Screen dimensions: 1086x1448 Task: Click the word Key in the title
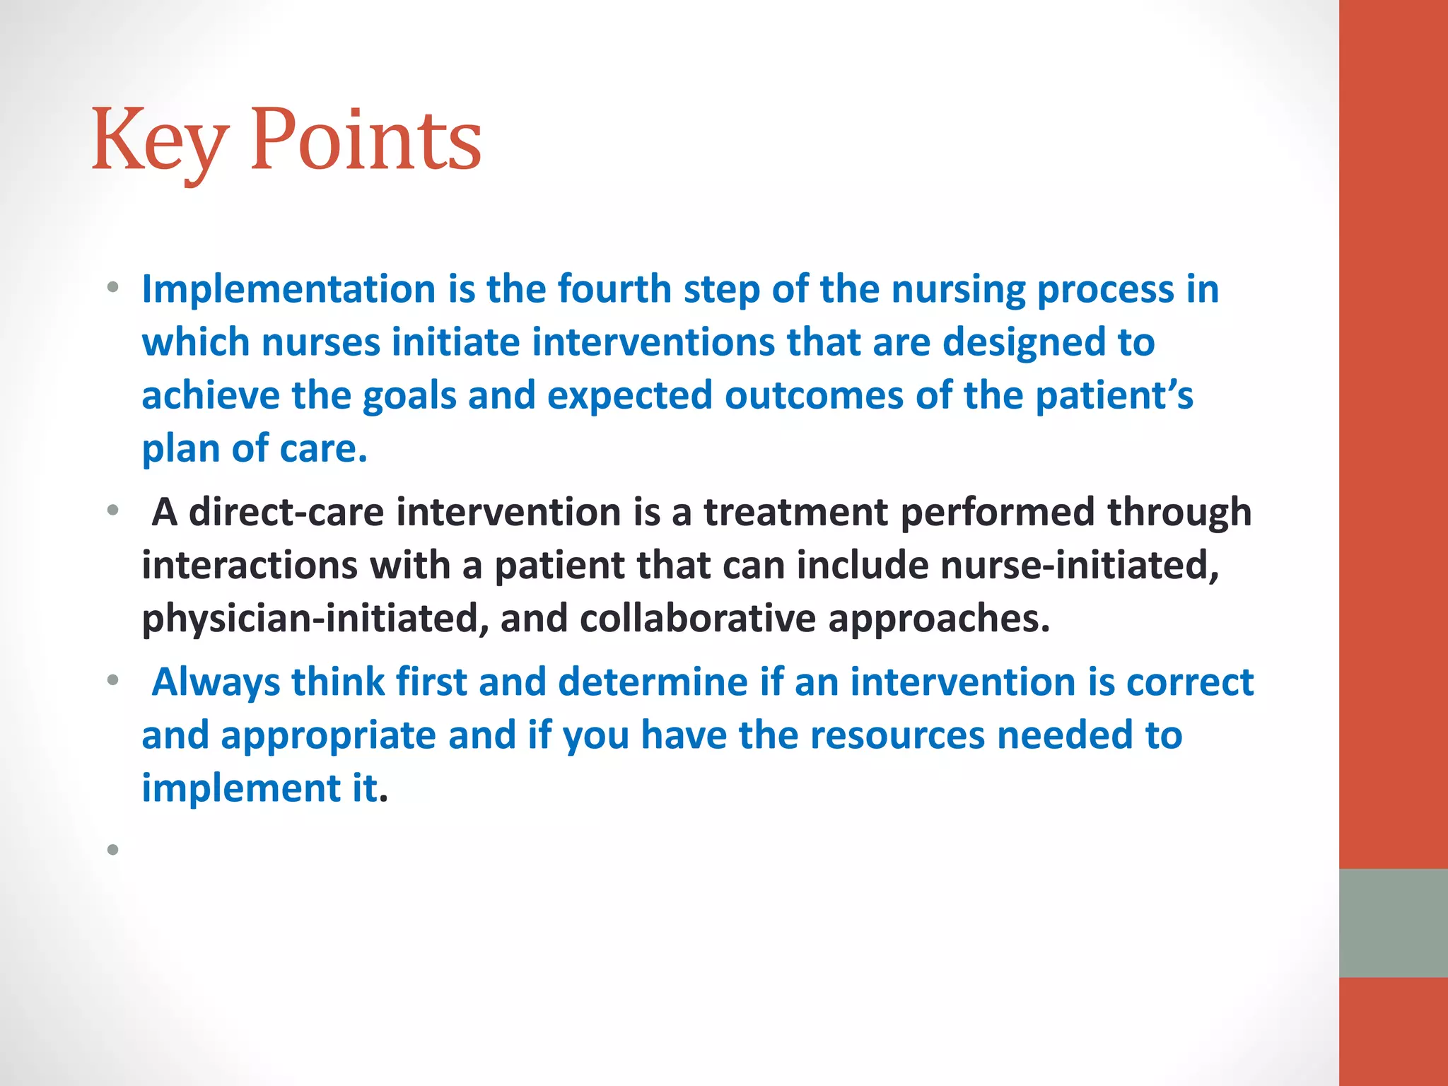click(x=160, y=141)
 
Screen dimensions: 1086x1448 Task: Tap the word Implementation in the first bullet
click(x=288, y=290)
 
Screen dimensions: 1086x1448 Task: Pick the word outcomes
click(x=814, y=396)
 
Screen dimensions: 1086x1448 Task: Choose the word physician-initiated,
click(x=315, y=619)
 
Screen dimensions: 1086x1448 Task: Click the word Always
click(x=216, y=683)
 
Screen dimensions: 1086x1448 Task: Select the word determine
click(x=653, y=683)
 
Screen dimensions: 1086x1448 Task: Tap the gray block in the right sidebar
click(x=1393, y=923)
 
